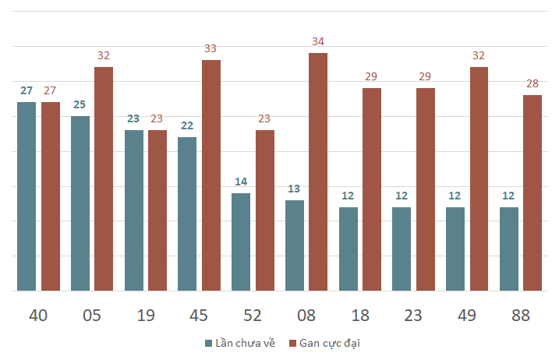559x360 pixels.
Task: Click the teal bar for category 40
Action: (x=27, y=196)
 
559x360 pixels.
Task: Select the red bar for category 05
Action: (x=104, y=179)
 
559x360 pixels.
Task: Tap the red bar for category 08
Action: (x=318, y=171)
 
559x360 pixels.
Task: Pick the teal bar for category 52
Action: (x=241, y=242)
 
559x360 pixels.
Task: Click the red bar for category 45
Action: (x=211, y=175)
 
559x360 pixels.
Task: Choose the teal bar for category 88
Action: (x=509, y=249)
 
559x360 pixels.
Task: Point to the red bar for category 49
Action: (x=479, y=179)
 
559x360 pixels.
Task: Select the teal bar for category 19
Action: (x=134, y=210)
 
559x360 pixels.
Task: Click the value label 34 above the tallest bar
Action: (x=318, y=42)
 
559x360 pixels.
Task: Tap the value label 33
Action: (x=211, y=48)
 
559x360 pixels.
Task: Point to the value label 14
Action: (x=241, y=182)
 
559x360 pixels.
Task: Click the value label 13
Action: (x=294, y=189)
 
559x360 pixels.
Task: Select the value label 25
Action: (x=80, y=104)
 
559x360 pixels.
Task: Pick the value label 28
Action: (x=532, y=83)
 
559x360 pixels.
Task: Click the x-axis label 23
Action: (x=413, y=316)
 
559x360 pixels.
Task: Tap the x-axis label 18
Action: (x=360, y=316)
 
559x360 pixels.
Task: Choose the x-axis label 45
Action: (x=199, y=316)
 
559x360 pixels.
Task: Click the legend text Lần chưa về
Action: (x=246, y=343)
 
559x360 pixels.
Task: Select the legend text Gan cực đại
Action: (x=330, y=344)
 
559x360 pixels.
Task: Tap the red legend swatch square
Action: (x=292, y=344)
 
